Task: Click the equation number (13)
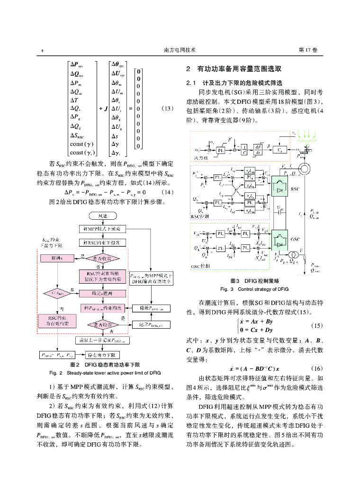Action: [x=168, y=108]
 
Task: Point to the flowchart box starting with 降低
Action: [x=151, y=308]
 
